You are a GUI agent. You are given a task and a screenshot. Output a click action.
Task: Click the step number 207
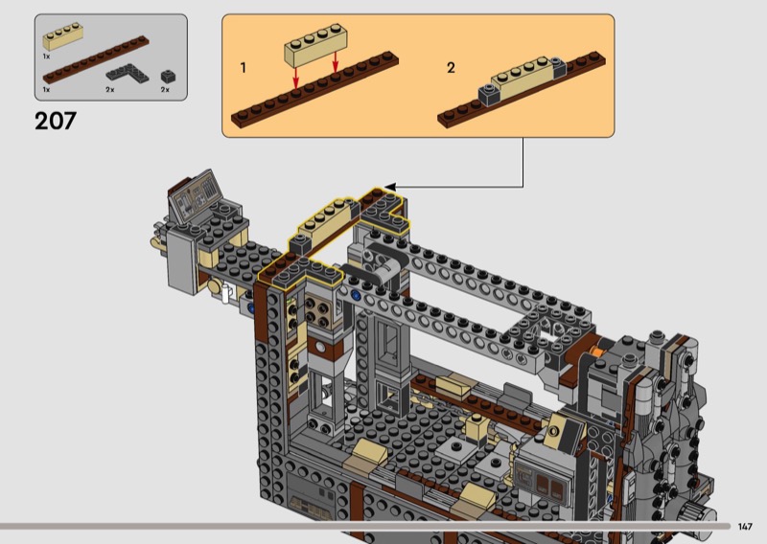pos(56,121)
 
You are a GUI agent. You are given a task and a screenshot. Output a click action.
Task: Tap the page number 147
pos(745,527)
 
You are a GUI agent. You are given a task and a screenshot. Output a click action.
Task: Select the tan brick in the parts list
pos(62,36)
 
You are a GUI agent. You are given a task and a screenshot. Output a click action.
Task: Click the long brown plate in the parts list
pos(96,59)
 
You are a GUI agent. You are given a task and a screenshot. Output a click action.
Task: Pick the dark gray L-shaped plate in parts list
pos(128,74)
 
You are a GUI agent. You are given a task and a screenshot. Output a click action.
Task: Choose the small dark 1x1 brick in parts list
pos(169,77)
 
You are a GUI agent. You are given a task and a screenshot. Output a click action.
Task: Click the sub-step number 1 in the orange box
pos(244,67)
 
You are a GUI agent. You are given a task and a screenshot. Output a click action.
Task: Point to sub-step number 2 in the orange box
pos(451,67)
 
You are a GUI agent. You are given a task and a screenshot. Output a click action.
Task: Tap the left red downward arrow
pos(296,78)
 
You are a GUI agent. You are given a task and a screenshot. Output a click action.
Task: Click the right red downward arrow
pos(335,63)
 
